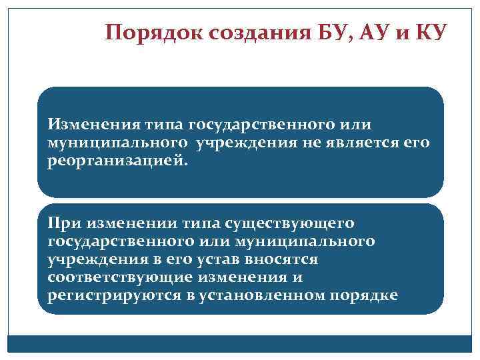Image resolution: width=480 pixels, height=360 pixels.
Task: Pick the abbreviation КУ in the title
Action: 427,32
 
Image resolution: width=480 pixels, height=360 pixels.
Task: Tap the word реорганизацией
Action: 114,162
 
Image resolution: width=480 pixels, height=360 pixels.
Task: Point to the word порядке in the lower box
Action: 365,295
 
